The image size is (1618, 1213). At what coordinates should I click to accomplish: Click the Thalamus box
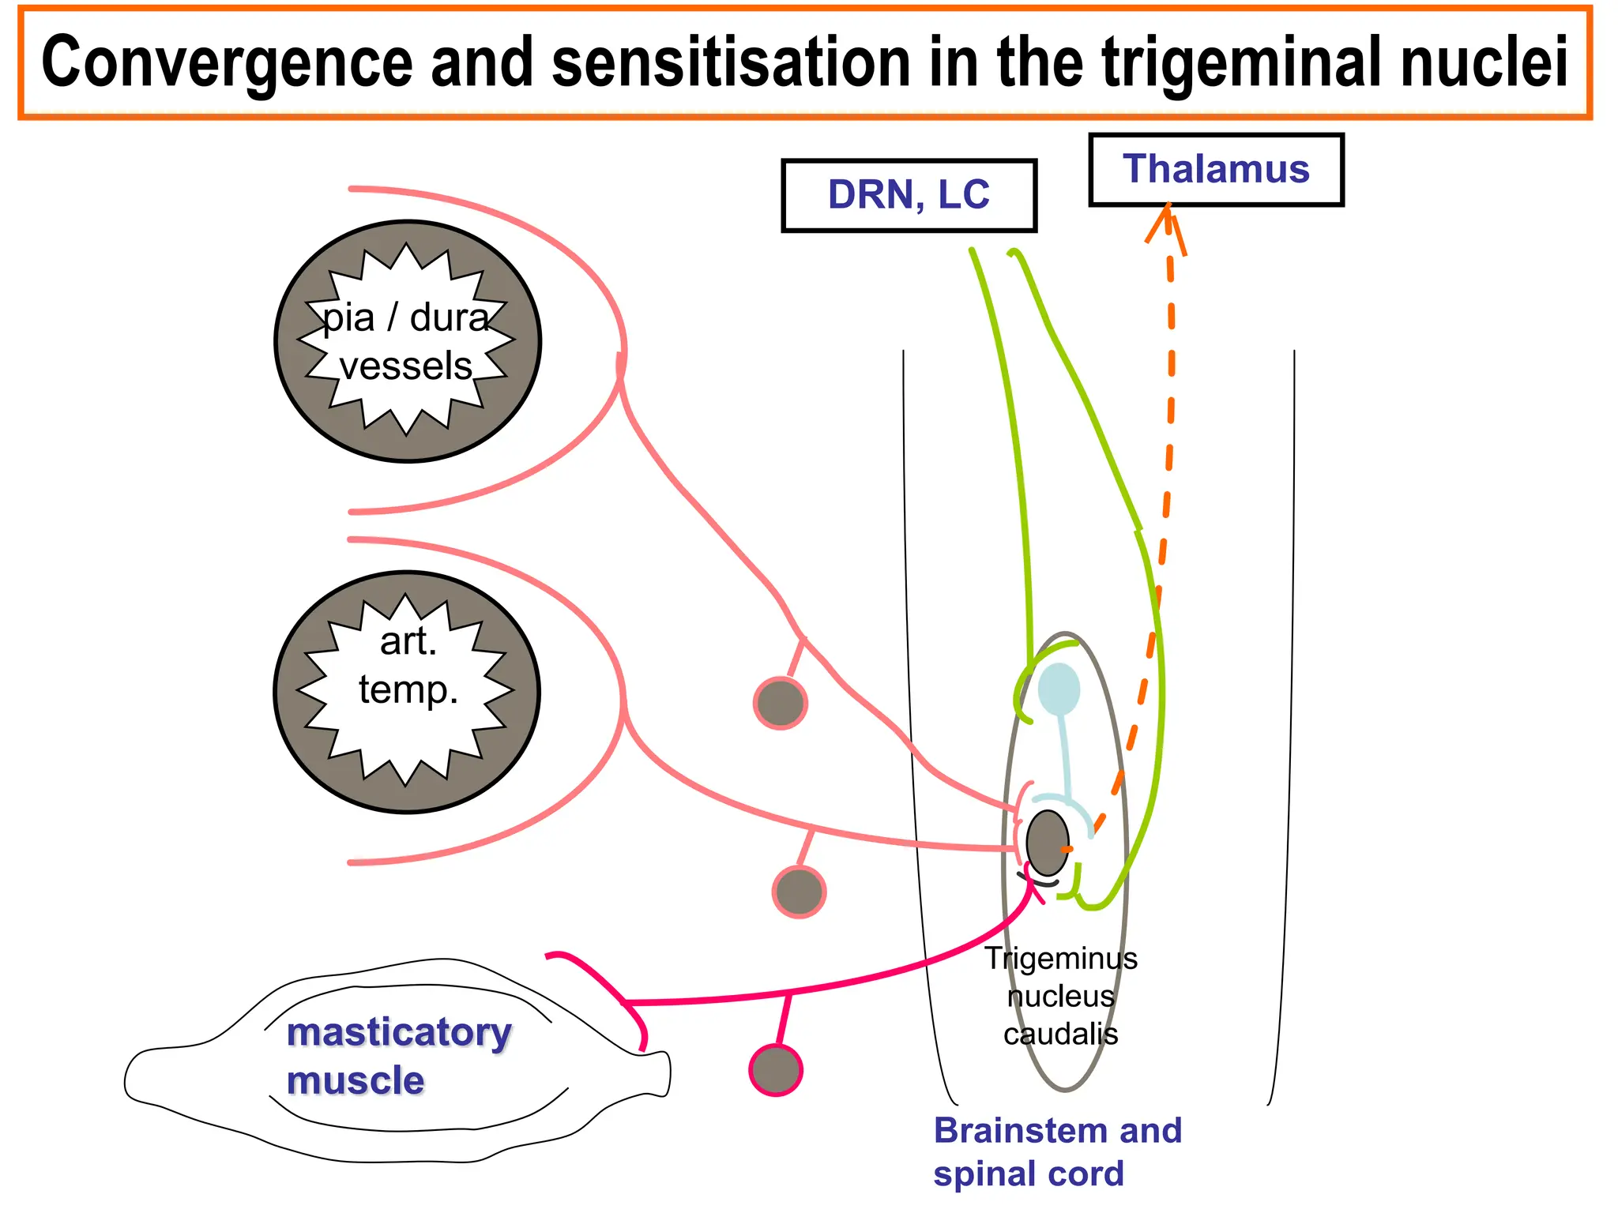[1216, 170]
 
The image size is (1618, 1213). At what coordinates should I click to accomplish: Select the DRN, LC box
[909, 196]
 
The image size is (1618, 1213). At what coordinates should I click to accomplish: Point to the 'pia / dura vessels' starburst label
[407, 341]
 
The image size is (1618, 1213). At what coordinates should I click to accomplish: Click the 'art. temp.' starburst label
[408, 665]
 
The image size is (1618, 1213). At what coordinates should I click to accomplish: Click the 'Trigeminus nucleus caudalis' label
[1061, 996]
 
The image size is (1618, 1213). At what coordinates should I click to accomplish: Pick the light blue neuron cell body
[1059, 688]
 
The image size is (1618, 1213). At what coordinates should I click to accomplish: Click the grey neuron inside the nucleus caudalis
[1048, 843]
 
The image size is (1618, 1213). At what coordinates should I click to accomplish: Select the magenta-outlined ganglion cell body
[776, 1070]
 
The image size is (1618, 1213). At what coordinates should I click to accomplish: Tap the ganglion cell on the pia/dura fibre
[781, 703]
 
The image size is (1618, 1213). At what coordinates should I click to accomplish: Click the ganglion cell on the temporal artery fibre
[799, 892]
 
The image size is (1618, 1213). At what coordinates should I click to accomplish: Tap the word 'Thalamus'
[1216, 169]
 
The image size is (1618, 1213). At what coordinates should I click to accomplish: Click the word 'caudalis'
[1061, 1034]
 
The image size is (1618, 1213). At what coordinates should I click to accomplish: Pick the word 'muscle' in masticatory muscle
[356, 1080]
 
